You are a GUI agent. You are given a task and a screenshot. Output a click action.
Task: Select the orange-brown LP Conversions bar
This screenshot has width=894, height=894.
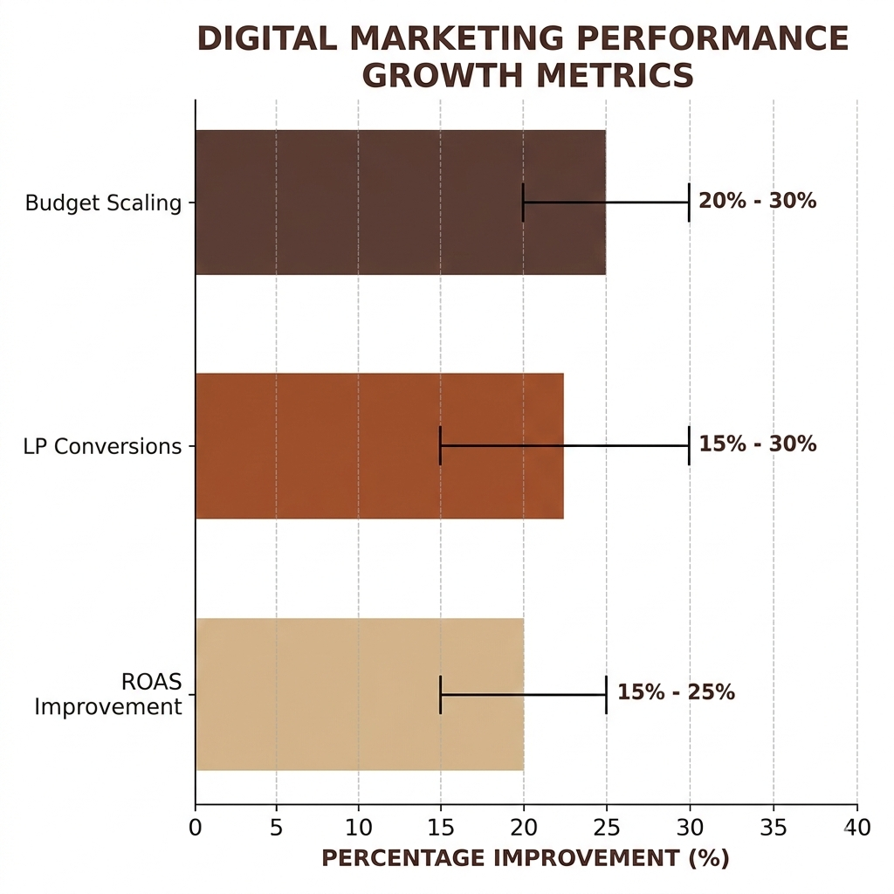pyautogui.click(x=332, y=445)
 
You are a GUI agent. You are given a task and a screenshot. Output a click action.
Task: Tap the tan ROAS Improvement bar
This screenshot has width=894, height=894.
pyautogui.click(x=314, y=694)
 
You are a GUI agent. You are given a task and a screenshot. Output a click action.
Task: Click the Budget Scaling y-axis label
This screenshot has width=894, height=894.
pyautogui.click(x=103, y=203)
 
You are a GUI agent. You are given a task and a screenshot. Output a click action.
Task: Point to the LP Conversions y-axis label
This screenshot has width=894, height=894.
pyautogui.click(x=103, y=446)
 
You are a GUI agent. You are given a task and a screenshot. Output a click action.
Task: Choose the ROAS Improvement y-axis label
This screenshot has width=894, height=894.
pyautogui.click(x=108, y=695)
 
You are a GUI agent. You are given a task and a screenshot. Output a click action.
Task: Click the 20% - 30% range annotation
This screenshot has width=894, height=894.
pyautogui.click(x=757, y=201)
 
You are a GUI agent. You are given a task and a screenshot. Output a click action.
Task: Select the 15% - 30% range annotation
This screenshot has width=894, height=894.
pyautogui.click(x=757, y=444)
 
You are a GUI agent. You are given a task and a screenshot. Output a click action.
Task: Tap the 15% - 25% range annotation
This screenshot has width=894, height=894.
pyautogui.click(x=676, y=693)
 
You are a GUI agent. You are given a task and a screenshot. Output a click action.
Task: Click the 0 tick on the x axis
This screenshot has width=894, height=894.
pyautogui.click(x=195, y=827)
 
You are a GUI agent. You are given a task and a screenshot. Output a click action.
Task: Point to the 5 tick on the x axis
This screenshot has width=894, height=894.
pyautogui.click(x=277, y=827)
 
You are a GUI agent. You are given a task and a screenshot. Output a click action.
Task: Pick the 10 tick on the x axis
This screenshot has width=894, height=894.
pyautogui.click(x=358, y=827)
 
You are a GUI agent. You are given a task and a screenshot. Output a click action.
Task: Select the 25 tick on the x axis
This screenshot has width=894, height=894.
pyautogui.click(x=606, y=827)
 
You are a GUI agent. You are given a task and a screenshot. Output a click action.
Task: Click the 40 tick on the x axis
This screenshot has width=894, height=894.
pyautogui.click(x=856, y=827)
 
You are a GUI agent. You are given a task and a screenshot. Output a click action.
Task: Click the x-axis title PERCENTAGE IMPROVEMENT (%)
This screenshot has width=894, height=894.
pyautogui.click(x=526, y=858)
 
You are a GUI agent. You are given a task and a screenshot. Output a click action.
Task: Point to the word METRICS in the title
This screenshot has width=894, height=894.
pyautogui.click(x=615, y=76)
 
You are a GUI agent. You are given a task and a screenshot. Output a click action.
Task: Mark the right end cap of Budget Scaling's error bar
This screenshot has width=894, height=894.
pyautogui.click(x=689, y=203)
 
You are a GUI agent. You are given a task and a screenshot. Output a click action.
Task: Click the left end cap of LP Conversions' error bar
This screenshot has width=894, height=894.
pyautogui.click(x=441, y=445)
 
